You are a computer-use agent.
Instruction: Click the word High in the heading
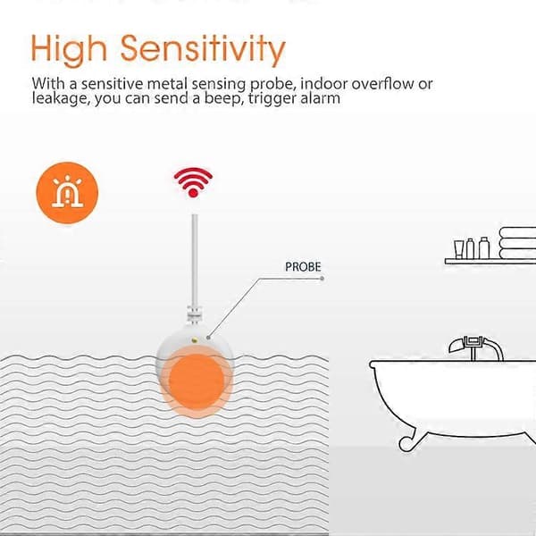(x=69, y=50)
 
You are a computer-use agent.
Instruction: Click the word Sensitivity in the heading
(x=203, y=50)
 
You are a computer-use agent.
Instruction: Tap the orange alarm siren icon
(x=67, y=193)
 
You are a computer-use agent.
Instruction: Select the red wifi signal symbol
(x=193, y=182)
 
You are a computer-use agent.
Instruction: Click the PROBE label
(x=303, y=267)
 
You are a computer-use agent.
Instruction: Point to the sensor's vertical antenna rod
(x=195, y=261)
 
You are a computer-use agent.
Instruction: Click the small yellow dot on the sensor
(x=195, y=339)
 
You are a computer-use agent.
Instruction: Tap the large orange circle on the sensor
(x=197, y=381)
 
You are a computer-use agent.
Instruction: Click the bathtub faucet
(x=476, y=348)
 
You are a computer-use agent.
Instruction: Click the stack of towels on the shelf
(x=517, y=243)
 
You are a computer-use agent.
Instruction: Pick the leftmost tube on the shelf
(x=458, y=249)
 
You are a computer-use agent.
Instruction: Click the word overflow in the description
(x=382, y=84)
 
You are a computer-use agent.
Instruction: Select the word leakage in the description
(x=62, y=99)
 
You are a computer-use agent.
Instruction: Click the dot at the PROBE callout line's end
(x=322, y=279)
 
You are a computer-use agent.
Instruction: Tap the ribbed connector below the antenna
(x=195, y=314)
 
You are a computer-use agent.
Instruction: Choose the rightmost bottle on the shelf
(x=484, y=247)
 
